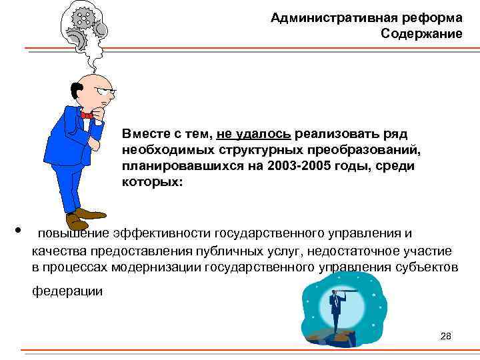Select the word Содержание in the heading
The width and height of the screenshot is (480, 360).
pyautogui.click(x=421, y=33)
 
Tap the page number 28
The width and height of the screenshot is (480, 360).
pyautogui.click(x=446, y=336)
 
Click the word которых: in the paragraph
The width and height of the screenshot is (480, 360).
pyautogui.click(x=151, y=181)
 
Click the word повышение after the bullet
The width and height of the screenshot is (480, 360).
pyautogui.click(x=73, y=233)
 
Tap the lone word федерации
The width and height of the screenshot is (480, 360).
pyautogui.click(x=67, y=291)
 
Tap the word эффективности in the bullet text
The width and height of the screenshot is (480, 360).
pyautogui.click(x=162, y=233)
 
